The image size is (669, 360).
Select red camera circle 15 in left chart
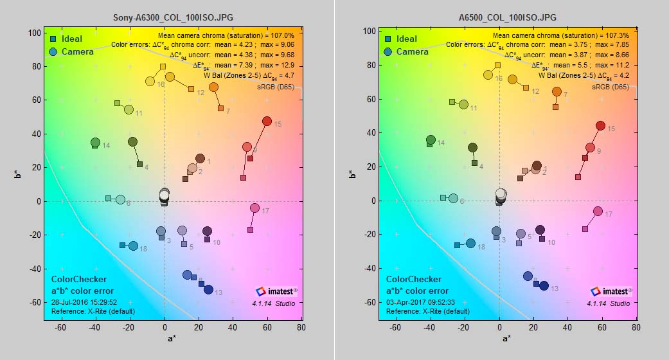(x=267, y=122)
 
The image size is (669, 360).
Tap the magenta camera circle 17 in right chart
(x=598, y=212)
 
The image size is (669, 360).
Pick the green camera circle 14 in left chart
(x=95, y=143)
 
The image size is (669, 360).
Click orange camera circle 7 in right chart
(x=557, y=92)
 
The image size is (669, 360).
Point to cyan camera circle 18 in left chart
(x=133, y=246)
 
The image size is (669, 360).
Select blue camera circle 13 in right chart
(x=544, y=286)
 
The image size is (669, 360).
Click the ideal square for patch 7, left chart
(x=220, y=109)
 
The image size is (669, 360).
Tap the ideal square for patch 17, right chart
(x=585, y=229)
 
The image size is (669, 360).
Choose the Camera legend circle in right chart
(x=388, y=51)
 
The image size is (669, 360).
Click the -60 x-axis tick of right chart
(x=396, y=327)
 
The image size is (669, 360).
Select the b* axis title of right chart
(x=351, y=175)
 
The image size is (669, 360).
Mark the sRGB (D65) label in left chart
(x=276, y=87)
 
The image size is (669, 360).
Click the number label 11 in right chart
(x=473, y=108)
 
